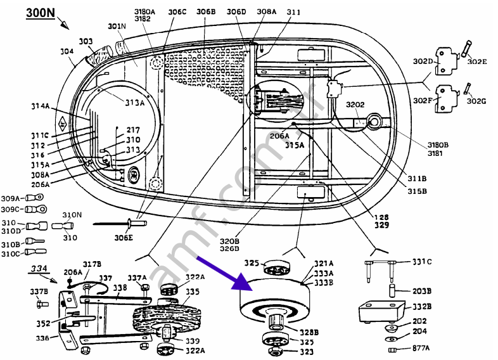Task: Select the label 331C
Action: tap(422, 261)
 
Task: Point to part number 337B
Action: tap(39, 292)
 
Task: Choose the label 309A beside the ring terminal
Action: tap(10, 197)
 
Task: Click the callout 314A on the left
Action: tap(39, 106)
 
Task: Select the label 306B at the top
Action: tap(205, 12)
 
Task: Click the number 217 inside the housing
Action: tap(133, 130)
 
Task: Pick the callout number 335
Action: tap(192, 292)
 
